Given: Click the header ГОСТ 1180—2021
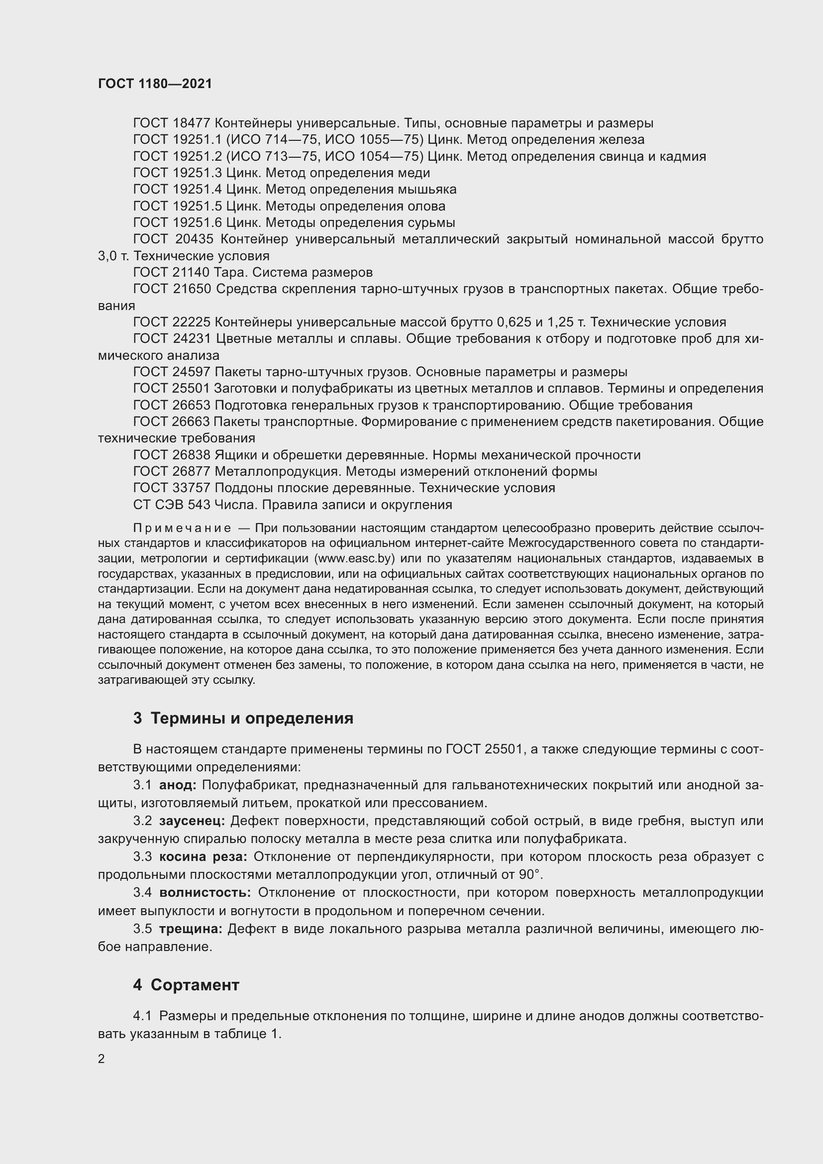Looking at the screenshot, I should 155,84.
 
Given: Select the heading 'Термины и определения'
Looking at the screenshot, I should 252,719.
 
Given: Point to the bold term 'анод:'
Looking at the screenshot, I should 178,785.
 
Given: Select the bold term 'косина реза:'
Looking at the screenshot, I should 203,857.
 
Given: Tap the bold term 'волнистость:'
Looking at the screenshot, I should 205,892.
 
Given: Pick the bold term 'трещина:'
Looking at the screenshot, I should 191,929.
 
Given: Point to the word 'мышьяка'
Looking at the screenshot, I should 429,190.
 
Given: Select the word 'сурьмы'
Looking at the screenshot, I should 431,222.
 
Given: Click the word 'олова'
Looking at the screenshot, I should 426,207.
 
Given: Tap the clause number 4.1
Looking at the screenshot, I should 142,1016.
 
